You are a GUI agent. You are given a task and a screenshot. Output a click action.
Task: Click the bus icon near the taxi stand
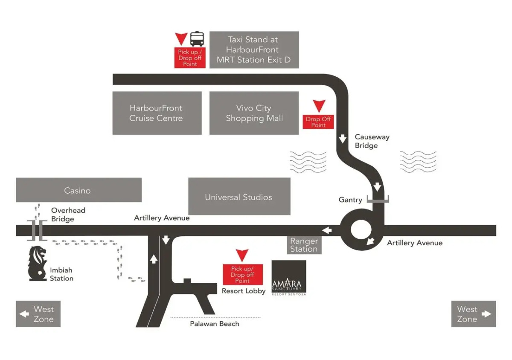(x=197, y=39)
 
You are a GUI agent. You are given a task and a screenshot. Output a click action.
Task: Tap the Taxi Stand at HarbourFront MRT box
(x=254, y=50)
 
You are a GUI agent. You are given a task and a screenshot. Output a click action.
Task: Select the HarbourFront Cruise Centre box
(x=157, y=113)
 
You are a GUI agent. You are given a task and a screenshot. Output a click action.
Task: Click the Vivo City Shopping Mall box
(x=254, y=113)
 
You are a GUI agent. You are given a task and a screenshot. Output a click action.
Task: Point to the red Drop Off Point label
(x=318, y=122)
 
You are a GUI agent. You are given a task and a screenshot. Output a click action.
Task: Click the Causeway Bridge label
(x=366, y=141)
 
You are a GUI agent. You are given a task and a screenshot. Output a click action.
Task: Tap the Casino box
(x=79, y=190)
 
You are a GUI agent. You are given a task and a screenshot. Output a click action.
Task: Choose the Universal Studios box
(x=239, y=197)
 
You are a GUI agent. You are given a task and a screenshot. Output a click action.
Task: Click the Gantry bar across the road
(x=378, y=200)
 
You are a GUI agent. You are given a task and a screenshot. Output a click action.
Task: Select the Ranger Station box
(x=304, y=245)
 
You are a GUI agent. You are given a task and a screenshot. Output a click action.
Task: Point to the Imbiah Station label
(x=61, y=274)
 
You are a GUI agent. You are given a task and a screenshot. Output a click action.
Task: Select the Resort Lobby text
(x=244, y=291)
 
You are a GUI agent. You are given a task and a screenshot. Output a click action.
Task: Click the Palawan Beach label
(x=214, y=324)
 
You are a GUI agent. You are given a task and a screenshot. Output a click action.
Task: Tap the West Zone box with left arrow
(x=38, y=314)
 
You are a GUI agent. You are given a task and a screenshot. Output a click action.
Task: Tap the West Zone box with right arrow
(x=474, y=314)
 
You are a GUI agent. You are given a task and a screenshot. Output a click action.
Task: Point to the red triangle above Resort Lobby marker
(x=242, y=255)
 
